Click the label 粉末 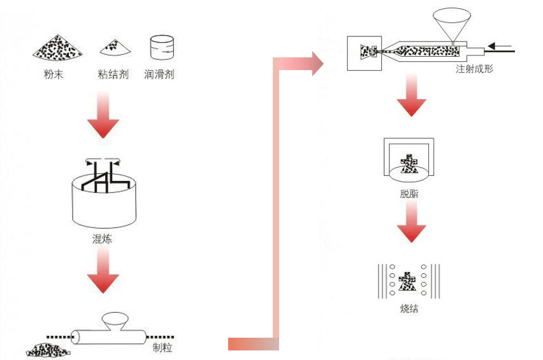pyautogui.click(x=54, y=75)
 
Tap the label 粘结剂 pyautogui.click(x=115, y=75)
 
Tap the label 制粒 pyautogui.click(x=163, y=348)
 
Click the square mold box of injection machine pyautogui.click(x=364, y=52)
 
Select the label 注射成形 pyautogui.click(x=474, y=69)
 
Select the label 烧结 pyautogui.click(x=410, y=310)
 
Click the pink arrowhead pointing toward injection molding pyautogui.click(x=317, y=63)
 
